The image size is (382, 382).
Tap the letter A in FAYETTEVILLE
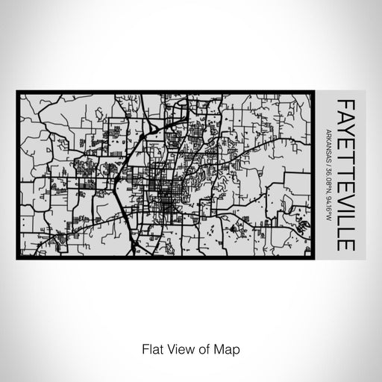click(345, 114)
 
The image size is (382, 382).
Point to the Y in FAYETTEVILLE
click(345, 127)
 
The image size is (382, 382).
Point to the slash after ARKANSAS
click(328, 166)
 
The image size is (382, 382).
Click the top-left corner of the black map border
click(16, 91)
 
